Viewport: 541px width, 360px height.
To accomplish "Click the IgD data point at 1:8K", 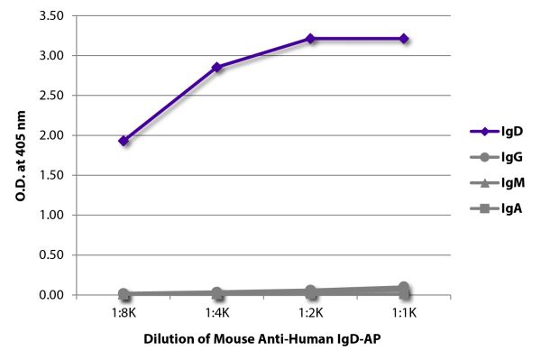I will pos(124,141).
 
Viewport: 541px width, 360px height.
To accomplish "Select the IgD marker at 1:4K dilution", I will pos(217,67).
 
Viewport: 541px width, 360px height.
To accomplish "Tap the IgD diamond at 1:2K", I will pos(310,39).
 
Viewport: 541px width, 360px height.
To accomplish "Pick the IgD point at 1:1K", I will pos(404,39).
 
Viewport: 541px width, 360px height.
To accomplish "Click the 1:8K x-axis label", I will pos(124,313).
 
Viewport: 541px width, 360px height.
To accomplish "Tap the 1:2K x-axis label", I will pos(310,313).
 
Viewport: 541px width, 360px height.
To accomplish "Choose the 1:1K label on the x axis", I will pos(404,313).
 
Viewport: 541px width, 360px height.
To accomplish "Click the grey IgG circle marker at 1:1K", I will pos(404,288).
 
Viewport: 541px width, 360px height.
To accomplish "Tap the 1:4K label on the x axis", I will pos(217,313).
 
